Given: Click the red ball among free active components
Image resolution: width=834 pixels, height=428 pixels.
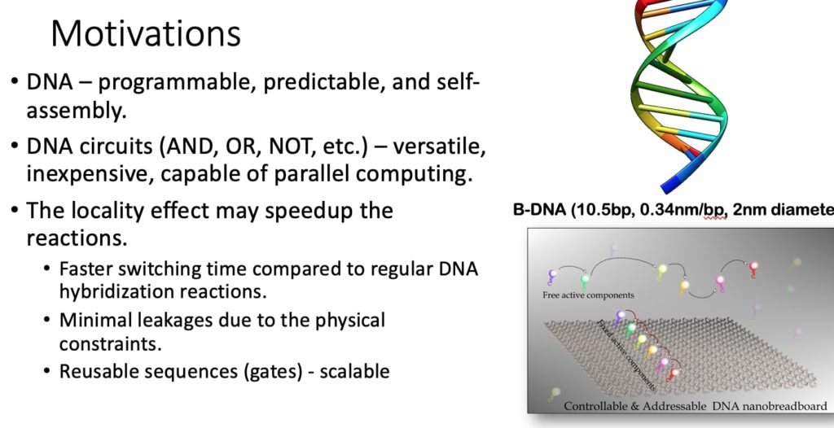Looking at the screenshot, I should pos(753,267).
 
